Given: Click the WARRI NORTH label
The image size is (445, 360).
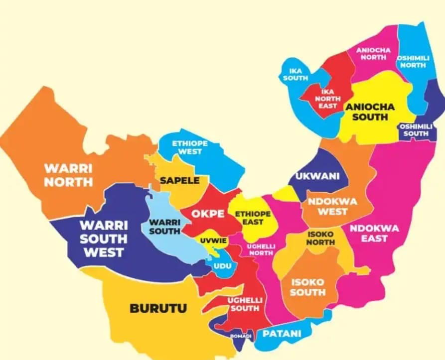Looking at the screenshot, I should (68, 174).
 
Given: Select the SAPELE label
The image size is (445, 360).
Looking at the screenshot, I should (179, 181).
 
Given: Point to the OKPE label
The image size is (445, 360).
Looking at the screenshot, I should (205, 214).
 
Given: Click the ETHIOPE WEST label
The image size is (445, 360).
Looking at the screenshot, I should (190, 147).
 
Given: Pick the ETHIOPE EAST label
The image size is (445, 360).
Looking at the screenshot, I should (253, 218).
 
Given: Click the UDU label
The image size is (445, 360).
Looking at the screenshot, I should (222, 266).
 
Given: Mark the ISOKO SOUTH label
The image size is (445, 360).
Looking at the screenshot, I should (307, 287).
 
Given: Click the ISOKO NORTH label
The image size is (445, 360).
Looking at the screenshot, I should (320, 238).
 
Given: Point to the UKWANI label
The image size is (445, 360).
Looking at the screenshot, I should (317, 176).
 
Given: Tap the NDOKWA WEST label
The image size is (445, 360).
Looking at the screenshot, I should (327, 206).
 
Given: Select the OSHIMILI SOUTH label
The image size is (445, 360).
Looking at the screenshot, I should (416, 130).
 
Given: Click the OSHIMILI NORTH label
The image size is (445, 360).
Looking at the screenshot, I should (412, 62).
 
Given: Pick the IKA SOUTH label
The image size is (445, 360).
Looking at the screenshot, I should (296, 75).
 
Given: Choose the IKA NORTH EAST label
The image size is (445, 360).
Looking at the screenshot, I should (327, 99).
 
